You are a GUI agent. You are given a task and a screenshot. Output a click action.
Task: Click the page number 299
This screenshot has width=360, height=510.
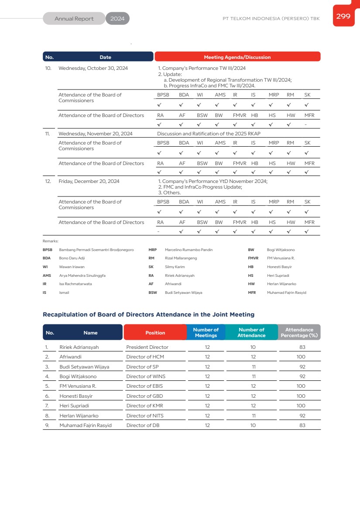click(x=343, y=16)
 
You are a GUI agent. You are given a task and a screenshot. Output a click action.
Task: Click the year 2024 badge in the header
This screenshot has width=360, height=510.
click(x=117, y=19)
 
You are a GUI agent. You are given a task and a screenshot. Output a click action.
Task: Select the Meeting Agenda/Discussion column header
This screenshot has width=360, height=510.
click(x=237, y=57)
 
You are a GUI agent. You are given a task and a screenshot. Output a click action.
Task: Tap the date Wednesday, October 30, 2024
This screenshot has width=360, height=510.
click(x=93, y=68)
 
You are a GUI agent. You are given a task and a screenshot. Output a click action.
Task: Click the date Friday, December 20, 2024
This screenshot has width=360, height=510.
click(x=89, y=181)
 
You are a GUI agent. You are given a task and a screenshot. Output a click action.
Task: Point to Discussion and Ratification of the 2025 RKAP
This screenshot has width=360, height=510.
click(x=209, y=134)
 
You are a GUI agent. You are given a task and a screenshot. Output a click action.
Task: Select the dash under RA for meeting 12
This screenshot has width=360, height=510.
click(x=158, y=231)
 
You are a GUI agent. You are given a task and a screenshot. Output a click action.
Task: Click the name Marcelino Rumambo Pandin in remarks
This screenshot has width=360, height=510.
click(x=189, y=250)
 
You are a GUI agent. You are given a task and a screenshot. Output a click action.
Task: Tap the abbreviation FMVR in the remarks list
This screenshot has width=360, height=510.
click(x=253, y=258)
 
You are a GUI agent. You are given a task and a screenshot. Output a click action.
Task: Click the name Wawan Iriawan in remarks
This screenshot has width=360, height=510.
click(x=72, y=267)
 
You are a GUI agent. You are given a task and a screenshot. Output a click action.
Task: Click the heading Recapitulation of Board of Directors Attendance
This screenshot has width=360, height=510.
click(x=148, y=314)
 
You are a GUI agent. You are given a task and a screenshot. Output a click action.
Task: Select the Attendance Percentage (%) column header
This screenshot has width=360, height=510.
click(x=299, y=333)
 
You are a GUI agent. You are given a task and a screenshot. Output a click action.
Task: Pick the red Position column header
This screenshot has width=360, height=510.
click(x=155, y=333)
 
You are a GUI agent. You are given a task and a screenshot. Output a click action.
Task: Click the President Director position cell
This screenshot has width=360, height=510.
click(x=147, y=347)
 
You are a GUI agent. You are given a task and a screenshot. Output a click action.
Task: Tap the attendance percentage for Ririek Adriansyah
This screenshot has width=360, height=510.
click(x=302, y=347)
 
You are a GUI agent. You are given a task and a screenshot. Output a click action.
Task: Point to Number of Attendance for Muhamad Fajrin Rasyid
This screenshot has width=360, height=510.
click(x=253, y=425)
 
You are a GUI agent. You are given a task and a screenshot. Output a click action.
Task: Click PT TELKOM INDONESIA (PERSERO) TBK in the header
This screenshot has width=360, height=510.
click(x=271, y=19)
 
